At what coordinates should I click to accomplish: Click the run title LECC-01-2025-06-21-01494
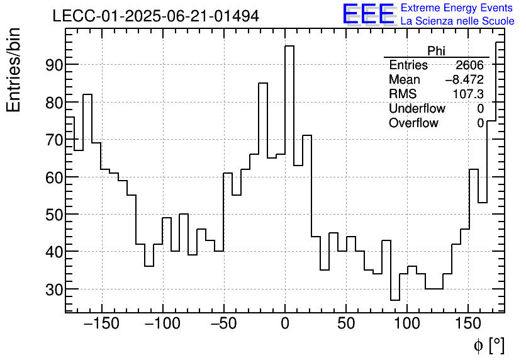pyautogui.click(x=155, y=16)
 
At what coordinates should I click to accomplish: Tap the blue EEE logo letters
pyautogui.click(x=368, y=14)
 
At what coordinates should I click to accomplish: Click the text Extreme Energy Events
pyautogui.click(x=457, y=8)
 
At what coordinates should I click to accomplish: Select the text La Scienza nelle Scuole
pyautogui.click(x=457, y=21)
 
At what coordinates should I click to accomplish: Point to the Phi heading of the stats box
pyautogui.click(x=437, y=51)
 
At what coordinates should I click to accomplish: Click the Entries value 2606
pyautogui.click(x=470, y=65)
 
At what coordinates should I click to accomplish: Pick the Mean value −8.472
pyautogui.click(x=464, y=80)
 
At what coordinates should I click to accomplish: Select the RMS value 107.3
pyautogui.click(x=469, y=94)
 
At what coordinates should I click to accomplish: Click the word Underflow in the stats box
pyautogui.click(x=417, y=109)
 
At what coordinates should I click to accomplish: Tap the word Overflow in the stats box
pyautogui.click(x=413, y=123)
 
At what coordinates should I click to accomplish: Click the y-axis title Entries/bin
pyautogui.click(x=14, y=70)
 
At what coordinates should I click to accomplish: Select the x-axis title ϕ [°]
pyautogui.click(x=488, y=345)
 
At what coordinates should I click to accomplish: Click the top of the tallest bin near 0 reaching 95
pyautogui.click(x=289, y=46)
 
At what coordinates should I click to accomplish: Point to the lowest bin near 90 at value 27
pyautogui.click(x=395, y=300)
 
